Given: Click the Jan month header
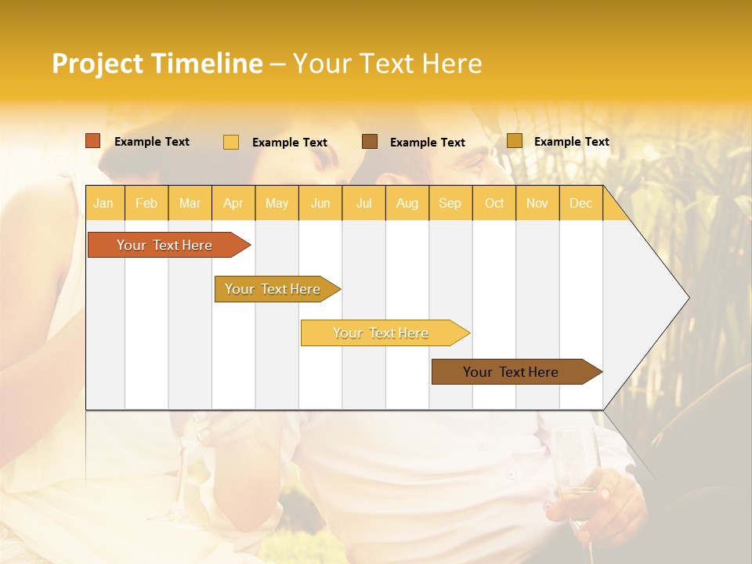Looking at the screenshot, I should pos(103,204).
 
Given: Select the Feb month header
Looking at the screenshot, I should pos(146,204).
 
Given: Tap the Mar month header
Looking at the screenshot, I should pos(190,204).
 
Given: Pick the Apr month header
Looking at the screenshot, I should pos(233,204).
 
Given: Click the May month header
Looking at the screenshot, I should pos(277,204).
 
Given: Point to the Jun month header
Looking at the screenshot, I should pos(320,204).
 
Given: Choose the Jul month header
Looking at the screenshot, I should pos(363,204).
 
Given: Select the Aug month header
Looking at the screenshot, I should pos(407,204).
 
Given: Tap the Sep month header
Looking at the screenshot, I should pos(450,204).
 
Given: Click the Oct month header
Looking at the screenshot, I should pos(494,204).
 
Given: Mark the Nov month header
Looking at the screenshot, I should pos(537,204).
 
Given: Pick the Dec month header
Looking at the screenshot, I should pos(581,204).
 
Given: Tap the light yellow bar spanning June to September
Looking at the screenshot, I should pos(381,333).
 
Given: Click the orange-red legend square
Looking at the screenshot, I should pos(93,141).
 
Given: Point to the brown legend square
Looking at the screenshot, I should pos(370,142).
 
